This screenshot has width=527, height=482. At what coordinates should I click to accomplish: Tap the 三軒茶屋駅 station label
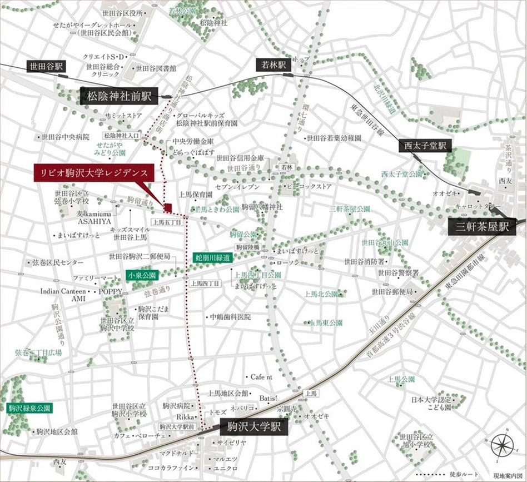pos(483,227)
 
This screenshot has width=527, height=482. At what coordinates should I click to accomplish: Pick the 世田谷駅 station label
pos(46,67)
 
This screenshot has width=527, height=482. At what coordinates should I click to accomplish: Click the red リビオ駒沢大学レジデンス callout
pos(92,172)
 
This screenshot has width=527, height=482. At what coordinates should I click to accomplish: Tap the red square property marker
pos(167,208)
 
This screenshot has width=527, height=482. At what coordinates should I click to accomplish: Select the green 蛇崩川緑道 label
pos(213,257)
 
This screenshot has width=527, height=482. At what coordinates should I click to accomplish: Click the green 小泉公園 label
pos(143,275)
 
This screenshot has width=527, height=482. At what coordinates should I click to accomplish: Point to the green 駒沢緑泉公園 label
pos(29,408)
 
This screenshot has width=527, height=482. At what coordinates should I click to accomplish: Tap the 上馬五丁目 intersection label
pos(167,221)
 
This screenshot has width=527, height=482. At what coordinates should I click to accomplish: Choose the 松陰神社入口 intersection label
pos(122,135)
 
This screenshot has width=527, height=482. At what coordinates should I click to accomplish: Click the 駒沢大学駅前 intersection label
pos(176,427)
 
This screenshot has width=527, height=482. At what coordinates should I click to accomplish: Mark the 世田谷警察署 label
pos(398,272)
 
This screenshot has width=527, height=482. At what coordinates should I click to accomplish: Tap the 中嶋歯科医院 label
pos(230,317)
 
